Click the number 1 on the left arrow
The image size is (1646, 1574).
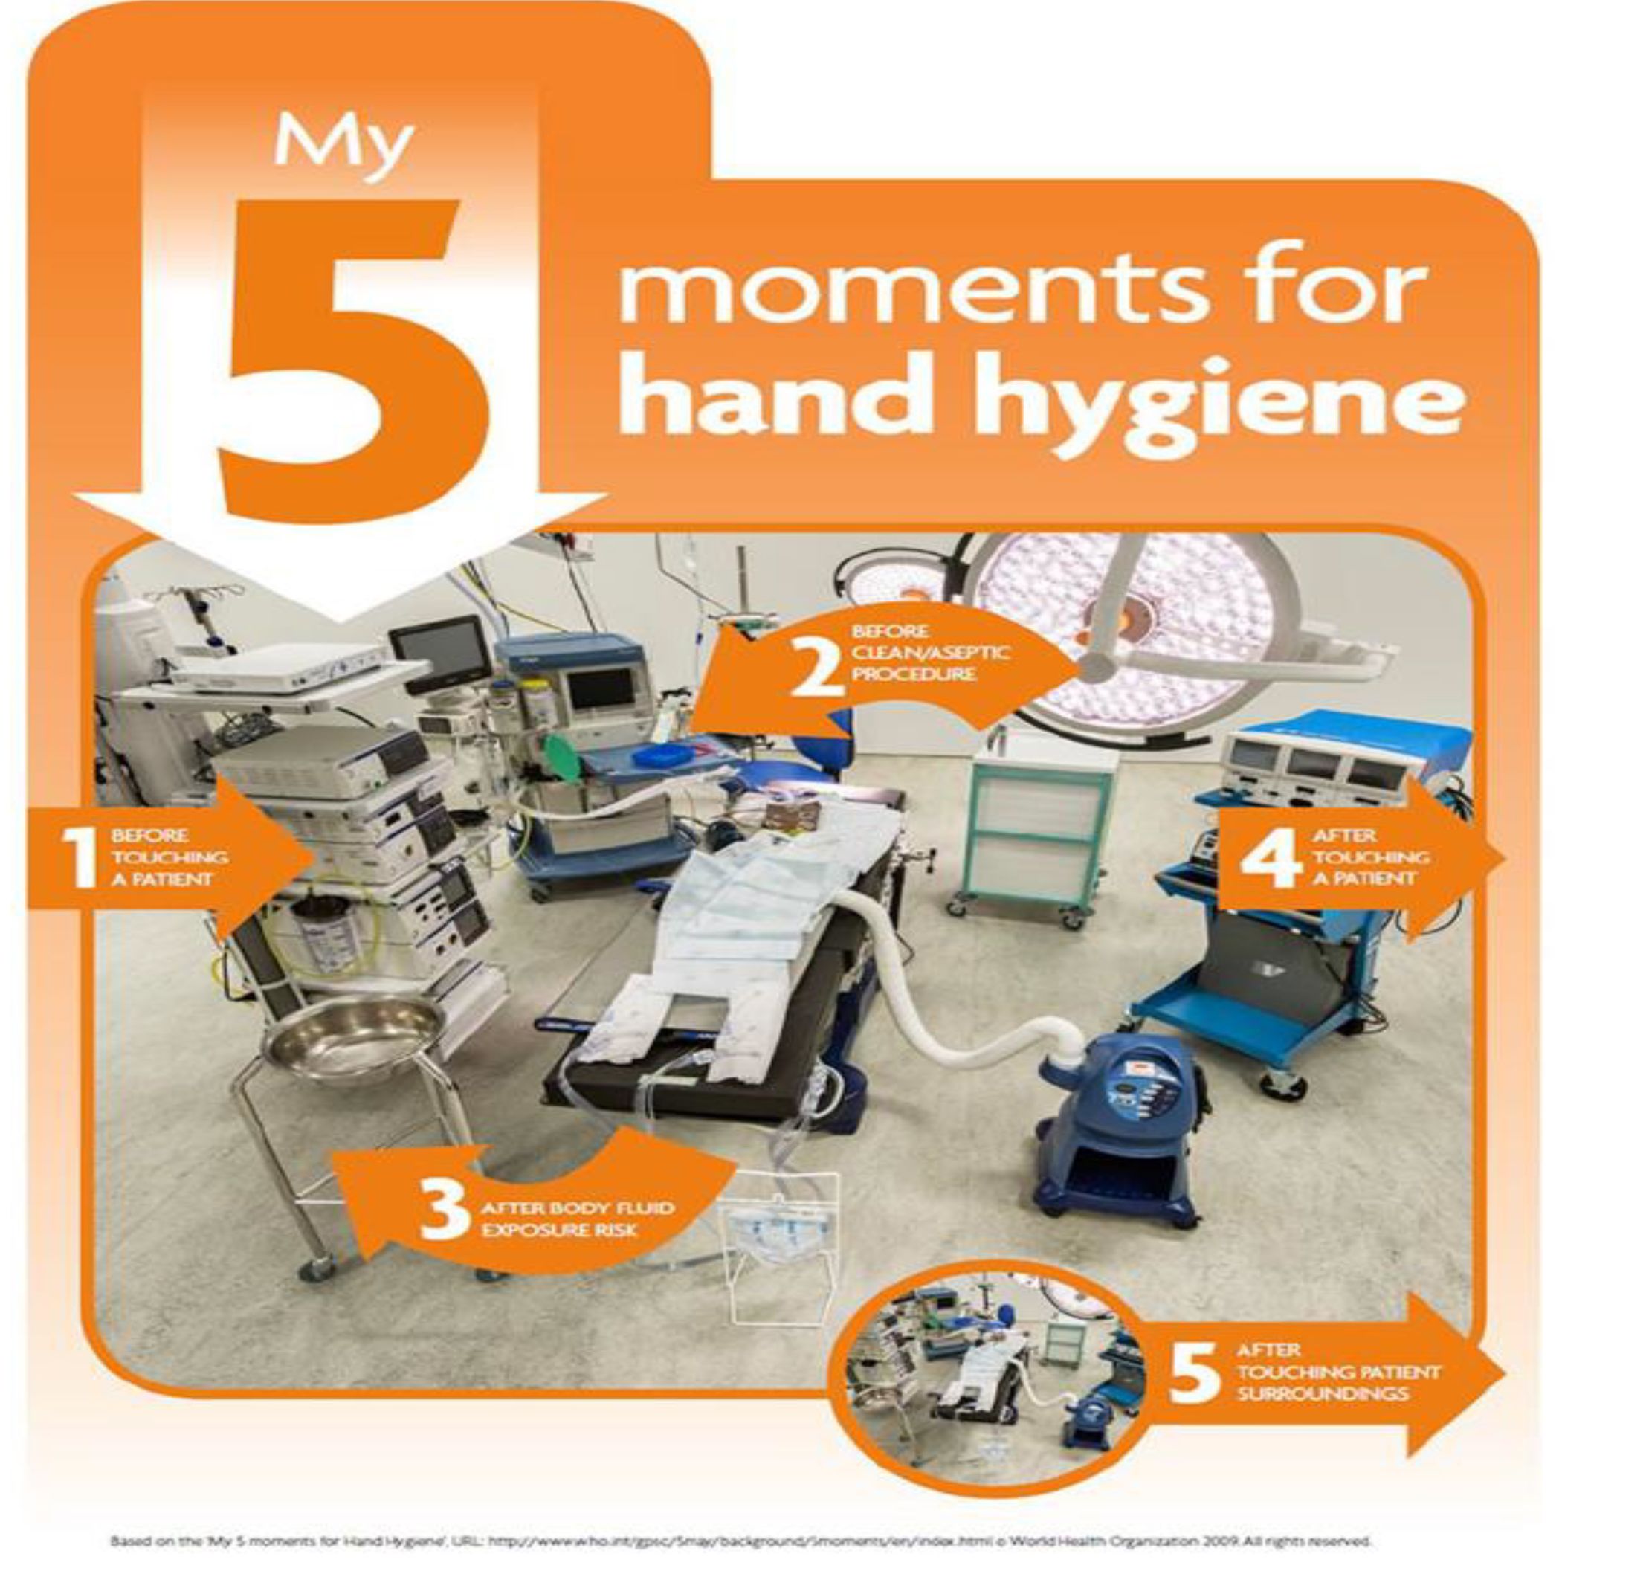81,855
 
